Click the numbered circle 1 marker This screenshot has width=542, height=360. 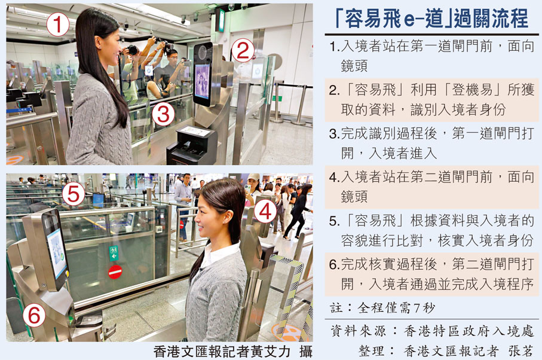tap(58, 23)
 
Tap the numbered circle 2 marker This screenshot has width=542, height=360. tap(243, 51)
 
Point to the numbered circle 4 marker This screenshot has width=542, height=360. tap(265, 211)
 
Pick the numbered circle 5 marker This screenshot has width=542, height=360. tap(74, 194)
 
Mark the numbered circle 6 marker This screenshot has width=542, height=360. tap(34, 315)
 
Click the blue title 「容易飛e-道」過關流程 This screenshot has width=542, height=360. tap(431, 18)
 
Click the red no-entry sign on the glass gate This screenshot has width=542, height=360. tap(115, 272)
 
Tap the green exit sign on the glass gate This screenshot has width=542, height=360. tap(114, 253)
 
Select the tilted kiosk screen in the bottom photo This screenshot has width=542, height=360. tap(56, 248)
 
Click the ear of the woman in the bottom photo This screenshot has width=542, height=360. tap(228, 217)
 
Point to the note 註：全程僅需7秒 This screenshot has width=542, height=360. tap(382, 307)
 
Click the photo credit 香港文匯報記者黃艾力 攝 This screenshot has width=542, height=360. tap(233, 352)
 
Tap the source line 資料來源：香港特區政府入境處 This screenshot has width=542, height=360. tap(432, 331)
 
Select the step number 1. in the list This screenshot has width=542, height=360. tap(335, 46)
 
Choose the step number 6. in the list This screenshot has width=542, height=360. tap(335, 264)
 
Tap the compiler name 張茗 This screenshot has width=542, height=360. tap(520, 351)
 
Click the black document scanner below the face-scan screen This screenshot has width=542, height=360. tap(192, 145)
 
